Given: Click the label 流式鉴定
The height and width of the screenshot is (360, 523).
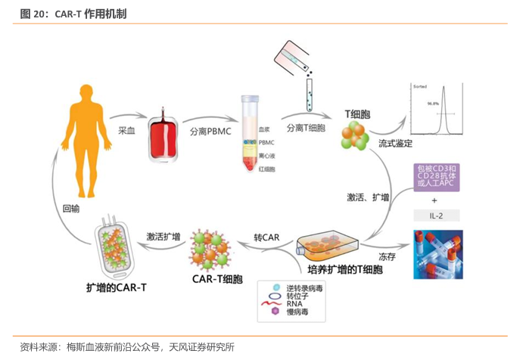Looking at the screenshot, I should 396,144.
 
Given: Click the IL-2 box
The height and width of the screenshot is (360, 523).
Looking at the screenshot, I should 435,216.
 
